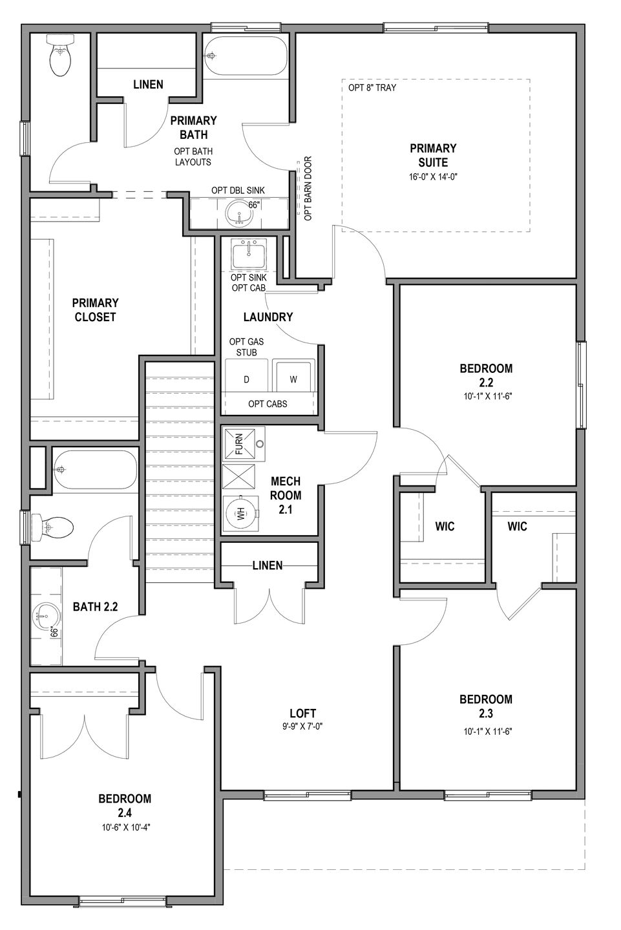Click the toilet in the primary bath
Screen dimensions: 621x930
click(61, 55)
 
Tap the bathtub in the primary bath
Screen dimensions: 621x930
click(246, 55)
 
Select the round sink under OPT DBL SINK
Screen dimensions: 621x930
click(240, 213)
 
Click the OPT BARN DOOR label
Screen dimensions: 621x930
click(308, 188)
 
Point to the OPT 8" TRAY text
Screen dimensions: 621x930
click(372, 88)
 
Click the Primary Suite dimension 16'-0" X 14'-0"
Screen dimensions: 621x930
click(433, 176)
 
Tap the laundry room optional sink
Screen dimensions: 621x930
click(248, 255)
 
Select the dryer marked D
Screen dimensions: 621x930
click(246, 376)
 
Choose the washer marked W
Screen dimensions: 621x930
click(293, 376)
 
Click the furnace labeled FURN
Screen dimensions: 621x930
click(243, 444)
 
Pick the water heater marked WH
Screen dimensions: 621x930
click(241, 514)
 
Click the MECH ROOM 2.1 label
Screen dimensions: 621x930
click(286, 495)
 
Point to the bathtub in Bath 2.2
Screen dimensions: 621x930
click(96, 470)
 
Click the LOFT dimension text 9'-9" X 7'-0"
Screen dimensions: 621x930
click(302, 726)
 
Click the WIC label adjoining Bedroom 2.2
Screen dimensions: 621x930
click(445, 527)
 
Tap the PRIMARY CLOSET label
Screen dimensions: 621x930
click(95, 310)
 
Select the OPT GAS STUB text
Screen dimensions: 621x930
click(247, 347)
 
